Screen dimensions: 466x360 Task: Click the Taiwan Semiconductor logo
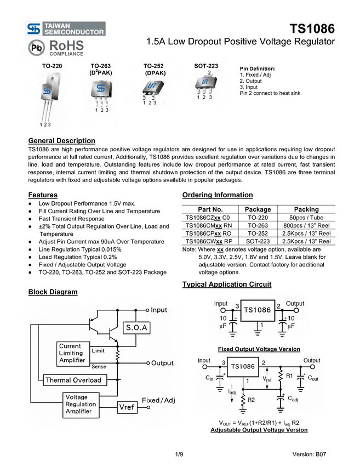pyautogui.click(x=66, y=29)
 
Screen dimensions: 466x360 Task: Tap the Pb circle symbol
pyautogui.click(x=36, y=48)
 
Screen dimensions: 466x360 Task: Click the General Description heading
pyautogui.click(x=61, y=141)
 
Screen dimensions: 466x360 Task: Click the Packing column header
pyautogui.click(x=306, y=209)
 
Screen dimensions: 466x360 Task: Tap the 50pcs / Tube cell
pyautogui.click(x=306, y=217)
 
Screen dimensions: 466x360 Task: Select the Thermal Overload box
pyautogui.click(x=73, y=380)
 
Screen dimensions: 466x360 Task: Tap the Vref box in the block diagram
pyautogui.click(x=127, y=407)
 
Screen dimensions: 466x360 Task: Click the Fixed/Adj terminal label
pyautogui.click(x=158, y=401)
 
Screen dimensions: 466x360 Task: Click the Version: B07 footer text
pyautogui.click(x=309, y=454)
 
